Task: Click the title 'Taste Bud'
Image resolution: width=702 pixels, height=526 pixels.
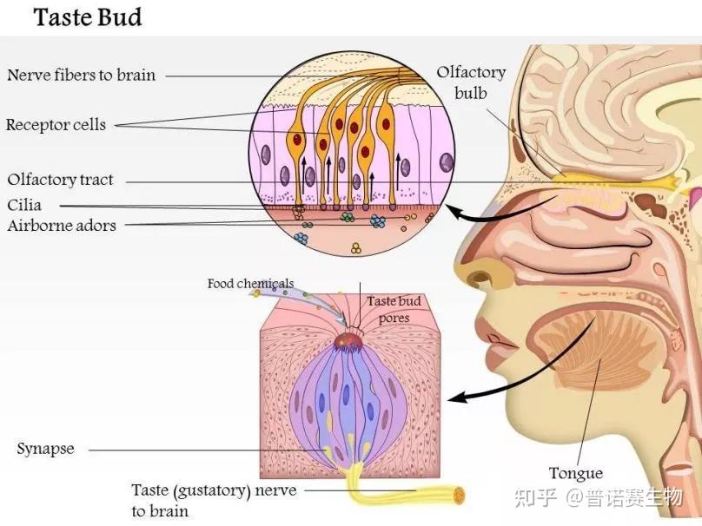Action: pos(88,17)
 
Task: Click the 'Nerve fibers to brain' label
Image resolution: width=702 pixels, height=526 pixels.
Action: pos(81,75)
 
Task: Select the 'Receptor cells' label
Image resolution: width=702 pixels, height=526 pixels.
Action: pos(56,124)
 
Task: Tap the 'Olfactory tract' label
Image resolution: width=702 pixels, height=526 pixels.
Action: pos(60,180)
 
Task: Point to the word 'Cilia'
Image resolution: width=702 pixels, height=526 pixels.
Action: pos(24,205)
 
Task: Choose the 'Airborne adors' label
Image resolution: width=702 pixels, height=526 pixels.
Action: pos(62,225)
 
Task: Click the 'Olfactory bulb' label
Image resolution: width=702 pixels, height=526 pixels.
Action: pos(471,82)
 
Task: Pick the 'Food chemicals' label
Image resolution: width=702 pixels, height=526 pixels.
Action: pos(250,284)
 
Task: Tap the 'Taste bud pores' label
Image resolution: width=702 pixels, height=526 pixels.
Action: pos(394,309)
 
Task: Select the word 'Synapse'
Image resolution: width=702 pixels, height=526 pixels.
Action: pos(45,449)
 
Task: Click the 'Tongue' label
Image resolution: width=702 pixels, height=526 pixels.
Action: pos(576,473)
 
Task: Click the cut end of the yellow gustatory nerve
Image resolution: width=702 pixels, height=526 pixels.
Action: pos(459,495)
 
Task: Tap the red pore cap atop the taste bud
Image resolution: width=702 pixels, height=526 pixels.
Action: pos(348,341)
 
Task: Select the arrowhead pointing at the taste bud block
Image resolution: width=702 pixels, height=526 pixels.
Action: pos(456,398)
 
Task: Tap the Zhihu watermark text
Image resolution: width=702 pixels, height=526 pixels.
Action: pos(598,497)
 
